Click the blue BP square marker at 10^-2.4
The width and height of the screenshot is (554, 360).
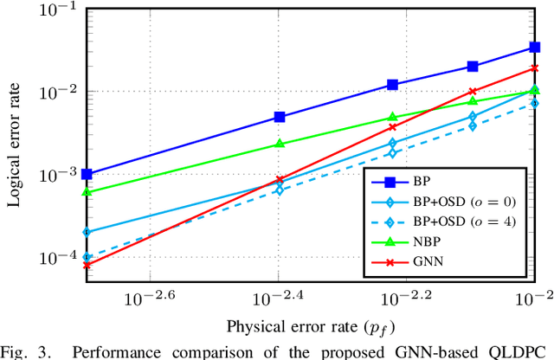(x=279, y=117)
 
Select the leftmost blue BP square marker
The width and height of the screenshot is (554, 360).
(x=87, y=174)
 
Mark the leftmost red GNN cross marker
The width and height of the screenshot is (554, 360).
(x=87, y=266)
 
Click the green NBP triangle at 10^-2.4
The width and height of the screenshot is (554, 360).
(x=279, y=144)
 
